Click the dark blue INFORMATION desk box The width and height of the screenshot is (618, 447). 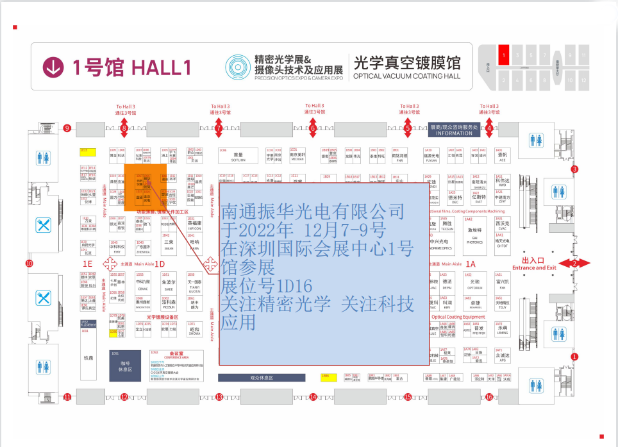[455, 130]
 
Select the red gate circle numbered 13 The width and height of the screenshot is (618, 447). [219, 397]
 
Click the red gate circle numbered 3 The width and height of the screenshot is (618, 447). [574, 169]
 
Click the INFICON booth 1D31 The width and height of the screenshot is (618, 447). [194, 224]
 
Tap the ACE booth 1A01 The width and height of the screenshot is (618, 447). [503, 155]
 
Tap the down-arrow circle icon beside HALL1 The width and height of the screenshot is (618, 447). [54, 66]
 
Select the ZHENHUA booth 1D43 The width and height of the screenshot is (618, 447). [144, 249]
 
